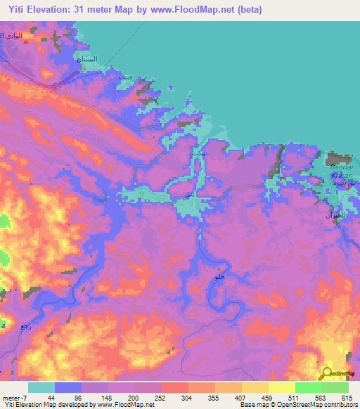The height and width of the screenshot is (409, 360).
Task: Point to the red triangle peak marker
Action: (27, 41)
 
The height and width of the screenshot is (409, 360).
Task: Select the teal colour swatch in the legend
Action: (41, 387)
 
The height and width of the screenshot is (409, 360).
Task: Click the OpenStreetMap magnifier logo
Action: (327, 373)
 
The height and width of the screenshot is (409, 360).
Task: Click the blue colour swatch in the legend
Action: (68, 387)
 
